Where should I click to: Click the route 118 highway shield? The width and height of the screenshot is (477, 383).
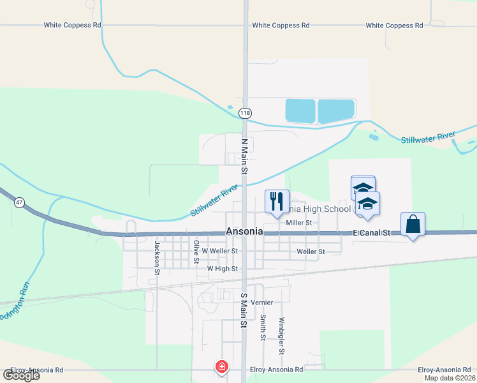point(245,113)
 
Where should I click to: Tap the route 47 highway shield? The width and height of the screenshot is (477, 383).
point(20,202)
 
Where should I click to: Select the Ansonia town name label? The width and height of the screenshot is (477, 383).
point(244,232)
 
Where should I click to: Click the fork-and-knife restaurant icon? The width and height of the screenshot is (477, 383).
point(277,201)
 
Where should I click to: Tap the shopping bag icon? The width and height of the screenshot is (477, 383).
point(413,224)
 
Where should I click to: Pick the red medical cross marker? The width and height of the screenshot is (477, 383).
point(221,366)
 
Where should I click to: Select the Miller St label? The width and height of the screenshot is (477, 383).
point(298,223)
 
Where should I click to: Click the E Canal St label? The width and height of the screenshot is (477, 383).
point(371,234)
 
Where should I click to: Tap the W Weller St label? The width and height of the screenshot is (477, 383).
point(219,252)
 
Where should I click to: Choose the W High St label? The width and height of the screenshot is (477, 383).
point(222,269)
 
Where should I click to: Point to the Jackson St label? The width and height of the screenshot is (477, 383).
point(156,257)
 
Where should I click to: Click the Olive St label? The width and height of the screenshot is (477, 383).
point(196,252)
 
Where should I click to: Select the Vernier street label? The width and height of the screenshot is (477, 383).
point(261,302)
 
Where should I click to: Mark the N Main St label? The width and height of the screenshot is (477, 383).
point(244,156)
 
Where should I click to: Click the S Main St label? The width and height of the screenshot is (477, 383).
point(243,310)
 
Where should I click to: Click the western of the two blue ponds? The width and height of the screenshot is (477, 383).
point(300,111)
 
